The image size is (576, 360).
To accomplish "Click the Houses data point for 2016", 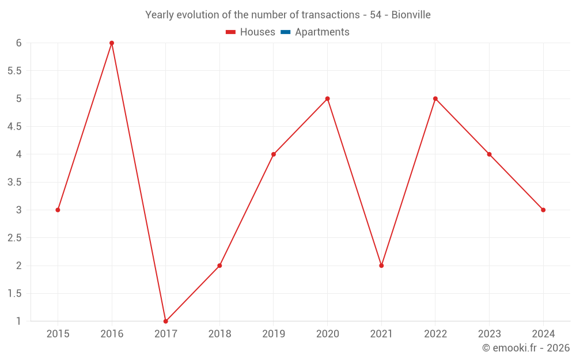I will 112,43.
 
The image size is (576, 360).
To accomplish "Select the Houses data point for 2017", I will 165,321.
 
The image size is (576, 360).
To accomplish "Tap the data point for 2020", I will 327,98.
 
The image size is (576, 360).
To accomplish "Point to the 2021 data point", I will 381,266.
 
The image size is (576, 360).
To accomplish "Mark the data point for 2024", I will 543,210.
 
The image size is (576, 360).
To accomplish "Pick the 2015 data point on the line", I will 58,210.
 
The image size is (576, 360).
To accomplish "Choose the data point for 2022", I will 435,98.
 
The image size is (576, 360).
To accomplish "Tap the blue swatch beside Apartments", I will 285,32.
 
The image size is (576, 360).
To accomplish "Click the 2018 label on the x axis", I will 219,334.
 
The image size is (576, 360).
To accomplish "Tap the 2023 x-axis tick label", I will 489,334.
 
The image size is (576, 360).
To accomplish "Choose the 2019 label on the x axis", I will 274,334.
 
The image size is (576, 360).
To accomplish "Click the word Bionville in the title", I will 411,15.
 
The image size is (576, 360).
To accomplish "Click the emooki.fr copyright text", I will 526,348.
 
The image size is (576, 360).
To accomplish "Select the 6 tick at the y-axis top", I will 19,43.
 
